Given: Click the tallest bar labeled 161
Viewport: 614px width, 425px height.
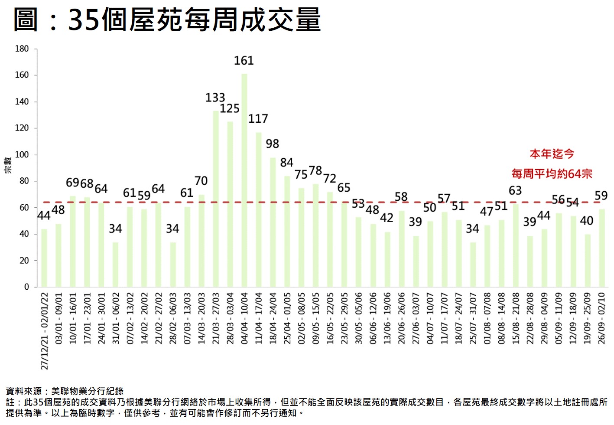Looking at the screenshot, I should [x=244, y=180].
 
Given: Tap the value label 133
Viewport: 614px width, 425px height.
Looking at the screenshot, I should [x=215, y=97].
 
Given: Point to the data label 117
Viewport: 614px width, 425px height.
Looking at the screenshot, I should [x=258, y=118].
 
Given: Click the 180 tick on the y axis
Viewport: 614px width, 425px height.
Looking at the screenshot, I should [x=22, y=49].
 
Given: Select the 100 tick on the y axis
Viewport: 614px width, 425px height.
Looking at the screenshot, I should [x=22, y=154].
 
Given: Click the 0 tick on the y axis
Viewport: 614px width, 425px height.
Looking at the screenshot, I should [x=26, y=287].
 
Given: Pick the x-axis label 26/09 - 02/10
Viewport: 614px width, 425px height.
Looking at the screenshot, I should [x=601, y=318].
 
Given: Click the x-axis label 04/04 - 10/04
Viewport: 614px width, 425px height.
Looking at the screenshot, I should [x=244, y=318].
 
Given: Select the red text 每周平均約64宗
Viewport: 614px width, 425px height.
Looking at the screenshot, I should [x=552, y=174].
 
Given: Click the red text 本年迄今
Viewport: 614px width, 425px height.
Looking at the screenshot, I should [x=552, y=154].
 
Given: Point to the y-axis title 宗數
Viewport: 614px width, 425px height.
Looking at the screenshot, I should [x=8, y=165].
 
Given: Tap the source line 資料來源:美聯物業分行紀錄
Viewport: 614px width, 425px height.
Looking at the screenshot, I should [x=65, y=392].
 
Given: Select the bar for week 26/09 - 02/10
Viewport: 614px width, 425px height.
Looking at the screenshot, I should [x=601, y=248].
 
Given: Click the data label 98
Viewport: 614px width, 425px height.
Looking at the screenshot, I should [x=273, y=144].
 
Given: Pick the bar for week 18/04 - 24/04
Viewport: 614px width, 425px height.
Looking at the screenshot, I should [x=273, y=222].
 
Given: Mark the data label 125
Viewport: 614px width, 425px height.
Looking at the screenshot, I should [x=230, y=108].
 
